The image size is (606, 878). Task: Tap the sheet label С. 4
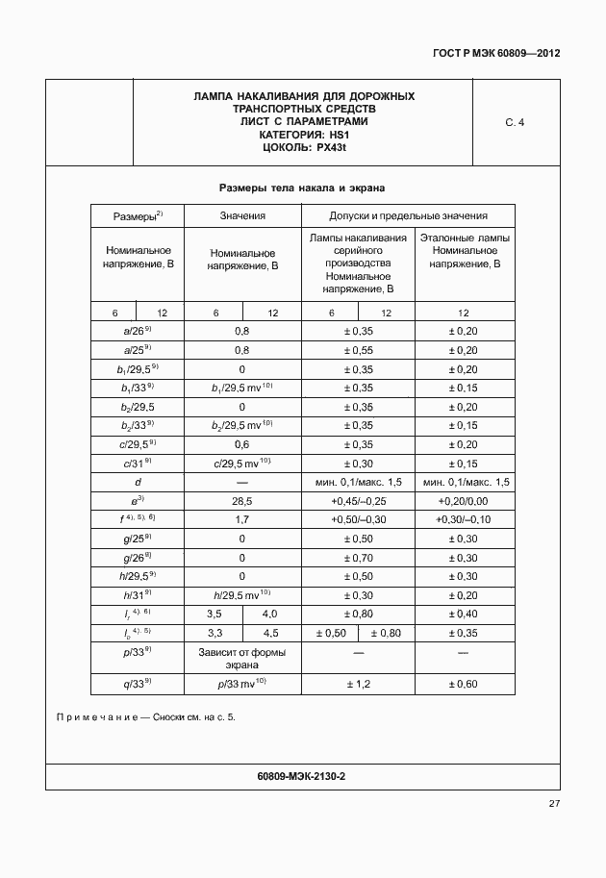point(515,122)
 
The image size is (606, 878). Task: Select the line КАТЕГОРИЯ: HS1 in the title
point(304,135)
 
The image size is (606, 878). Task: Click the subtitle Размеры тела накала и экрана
point(302,188)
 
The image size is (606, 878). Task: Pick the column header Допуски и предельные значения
point(408,216)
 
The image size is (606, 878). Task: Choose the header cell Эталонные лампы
point(465,238)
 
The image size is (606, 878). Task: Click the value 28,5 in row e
point(242,501)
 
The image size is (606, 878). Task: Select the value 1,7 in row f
point(242,519)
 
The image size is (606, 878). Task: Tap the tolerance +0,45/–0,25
point(358,501)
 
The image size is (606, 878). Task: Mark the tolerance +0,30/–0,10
point(464,519)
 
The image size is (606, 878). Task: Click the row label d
point(138,482)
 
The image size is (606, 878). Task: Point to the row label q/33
point(138,684)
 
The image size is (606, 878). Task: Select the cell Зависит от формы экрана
point(242,658)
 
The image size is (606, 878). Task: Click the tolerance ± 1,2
point(358,684)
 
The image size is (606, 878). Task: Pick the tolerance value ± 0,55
point(358,350)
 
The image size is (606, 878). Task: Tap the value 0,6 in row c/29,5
point(242,444)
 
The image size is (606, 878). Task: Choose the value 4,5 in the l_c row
point(271,632)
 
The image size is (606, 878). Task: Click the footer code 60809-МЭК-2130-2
point(302,775)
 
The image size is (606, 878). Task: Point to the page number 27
point(554,804)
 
